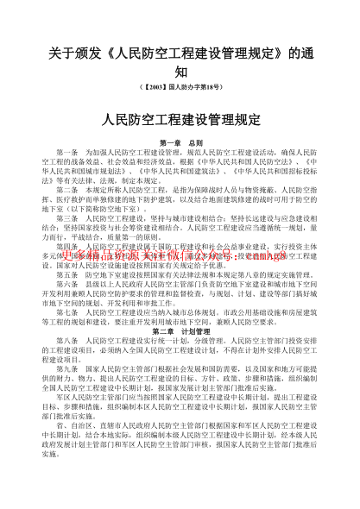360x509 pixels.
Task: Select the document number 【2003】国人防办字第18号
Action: pos(180,89)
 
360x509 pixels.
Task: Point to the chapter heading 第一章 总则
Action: pos(180,141)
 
